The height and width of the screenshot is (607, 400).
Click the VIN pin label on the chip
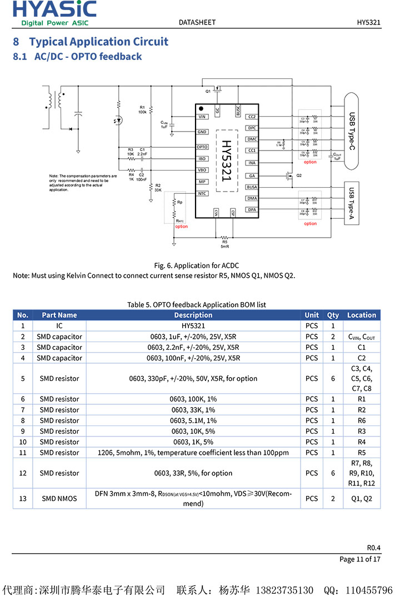(202, 117)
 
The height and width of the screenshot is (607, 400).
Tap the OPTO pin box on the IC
(202, 147)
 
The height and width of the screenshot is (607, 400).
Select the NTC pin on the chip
(202, 193)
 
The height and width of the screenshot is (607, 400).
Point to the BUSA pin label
(252, 187)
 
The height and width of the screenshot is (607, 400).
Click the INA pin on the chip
(252, 163)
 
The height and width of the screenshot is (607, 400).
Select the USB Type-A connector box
(351, 203)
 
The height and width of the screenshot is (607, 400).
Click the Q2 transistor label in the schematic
(299, 175)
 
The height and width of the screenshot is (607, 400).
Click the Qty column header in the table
(332, 315)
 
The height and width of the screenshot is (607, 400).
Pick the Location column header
(362, 315)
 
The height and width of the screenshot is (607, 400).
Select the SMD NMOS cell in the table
(59, 498)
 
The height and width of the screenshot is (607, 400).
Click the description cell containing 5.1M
(193, 420)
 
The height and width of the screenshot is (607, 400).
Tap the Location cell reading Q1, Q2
(362, 498)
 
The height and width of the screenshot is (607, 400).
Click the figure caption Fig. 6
(196, 265)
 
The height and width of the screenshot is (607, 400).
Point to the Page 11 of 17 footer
(360, 559)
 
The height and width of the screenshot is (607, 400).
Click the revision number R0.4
(374, 546)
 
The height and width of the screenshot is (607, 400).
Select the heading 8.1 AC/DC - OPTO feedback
(77, 57)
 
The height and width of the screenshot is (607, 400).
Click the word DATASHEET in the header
(197, 22)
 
